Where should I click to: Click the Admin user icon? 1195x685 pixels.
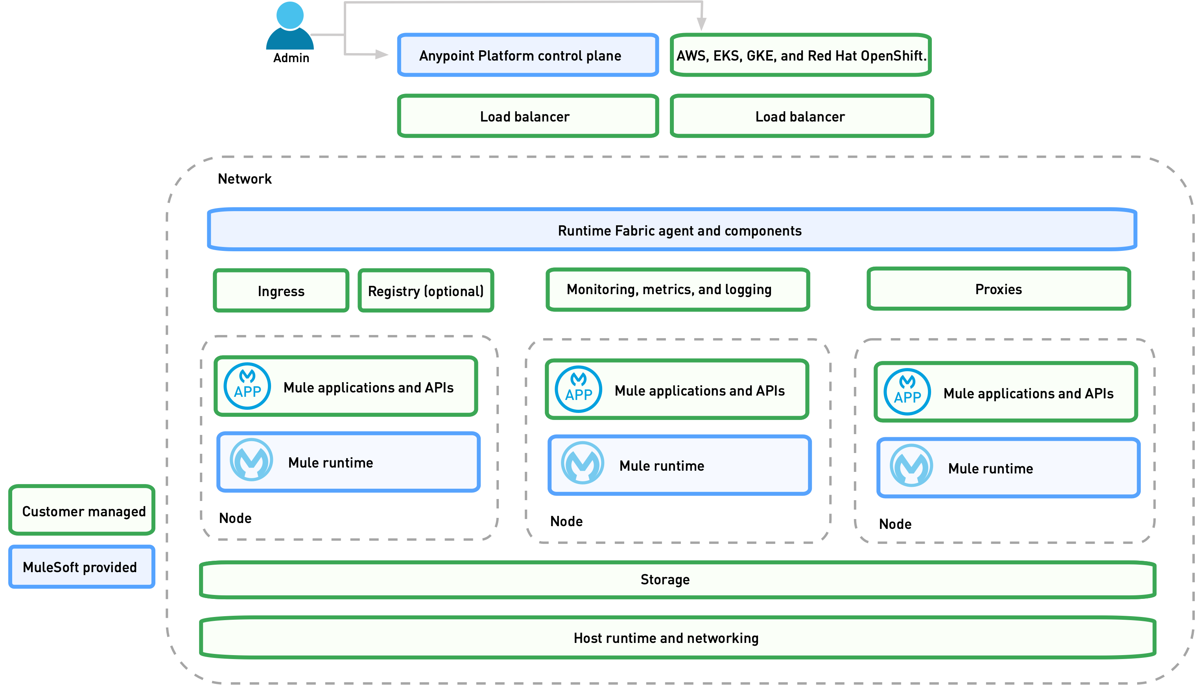click(290, 26)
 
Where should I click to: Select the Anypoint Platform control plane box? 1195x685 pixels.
click(527, 55)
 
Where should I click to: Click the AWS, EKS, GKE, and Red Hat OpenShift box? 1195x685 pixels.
click(800, 55)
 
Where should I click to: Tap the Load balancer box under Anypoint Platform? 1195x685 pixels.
click(527, 116)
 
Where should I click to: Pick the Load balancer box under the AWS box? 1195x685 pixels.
click(801, 116)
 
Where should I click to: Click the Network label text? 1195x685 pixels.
click(245, 179)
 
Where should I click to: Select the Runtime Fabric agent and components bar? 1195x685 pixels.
click(672, 230)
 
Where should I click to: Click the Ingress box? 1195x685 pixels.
click(281, 291)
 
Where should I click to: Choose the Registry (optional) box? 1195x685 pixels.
click(425, 291)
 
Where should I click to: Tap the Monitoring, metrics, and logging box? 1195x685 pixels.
click(677, 289)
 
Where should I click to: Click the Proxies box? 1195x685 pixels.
click(998, 289)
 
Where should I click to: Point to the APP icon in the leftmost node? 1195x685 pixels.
click(247, 386)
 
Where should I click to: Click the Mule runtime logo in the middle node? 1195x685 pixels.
click(583, 463)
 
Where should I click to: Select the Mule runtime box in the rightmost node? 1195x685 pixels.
click(1008, 468)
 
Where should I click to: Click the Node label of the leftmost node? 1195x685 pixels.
click(235, 518)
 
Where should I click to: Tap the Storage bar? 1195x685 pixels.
click(677, 579)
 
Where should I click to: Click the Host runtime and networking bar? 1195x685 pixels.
click(677, 637)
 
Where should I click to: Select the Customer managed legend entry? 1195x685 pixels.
click(82, 510)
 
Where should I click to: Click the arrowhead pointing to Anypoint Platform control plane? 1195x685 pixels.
click(382, 55)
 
